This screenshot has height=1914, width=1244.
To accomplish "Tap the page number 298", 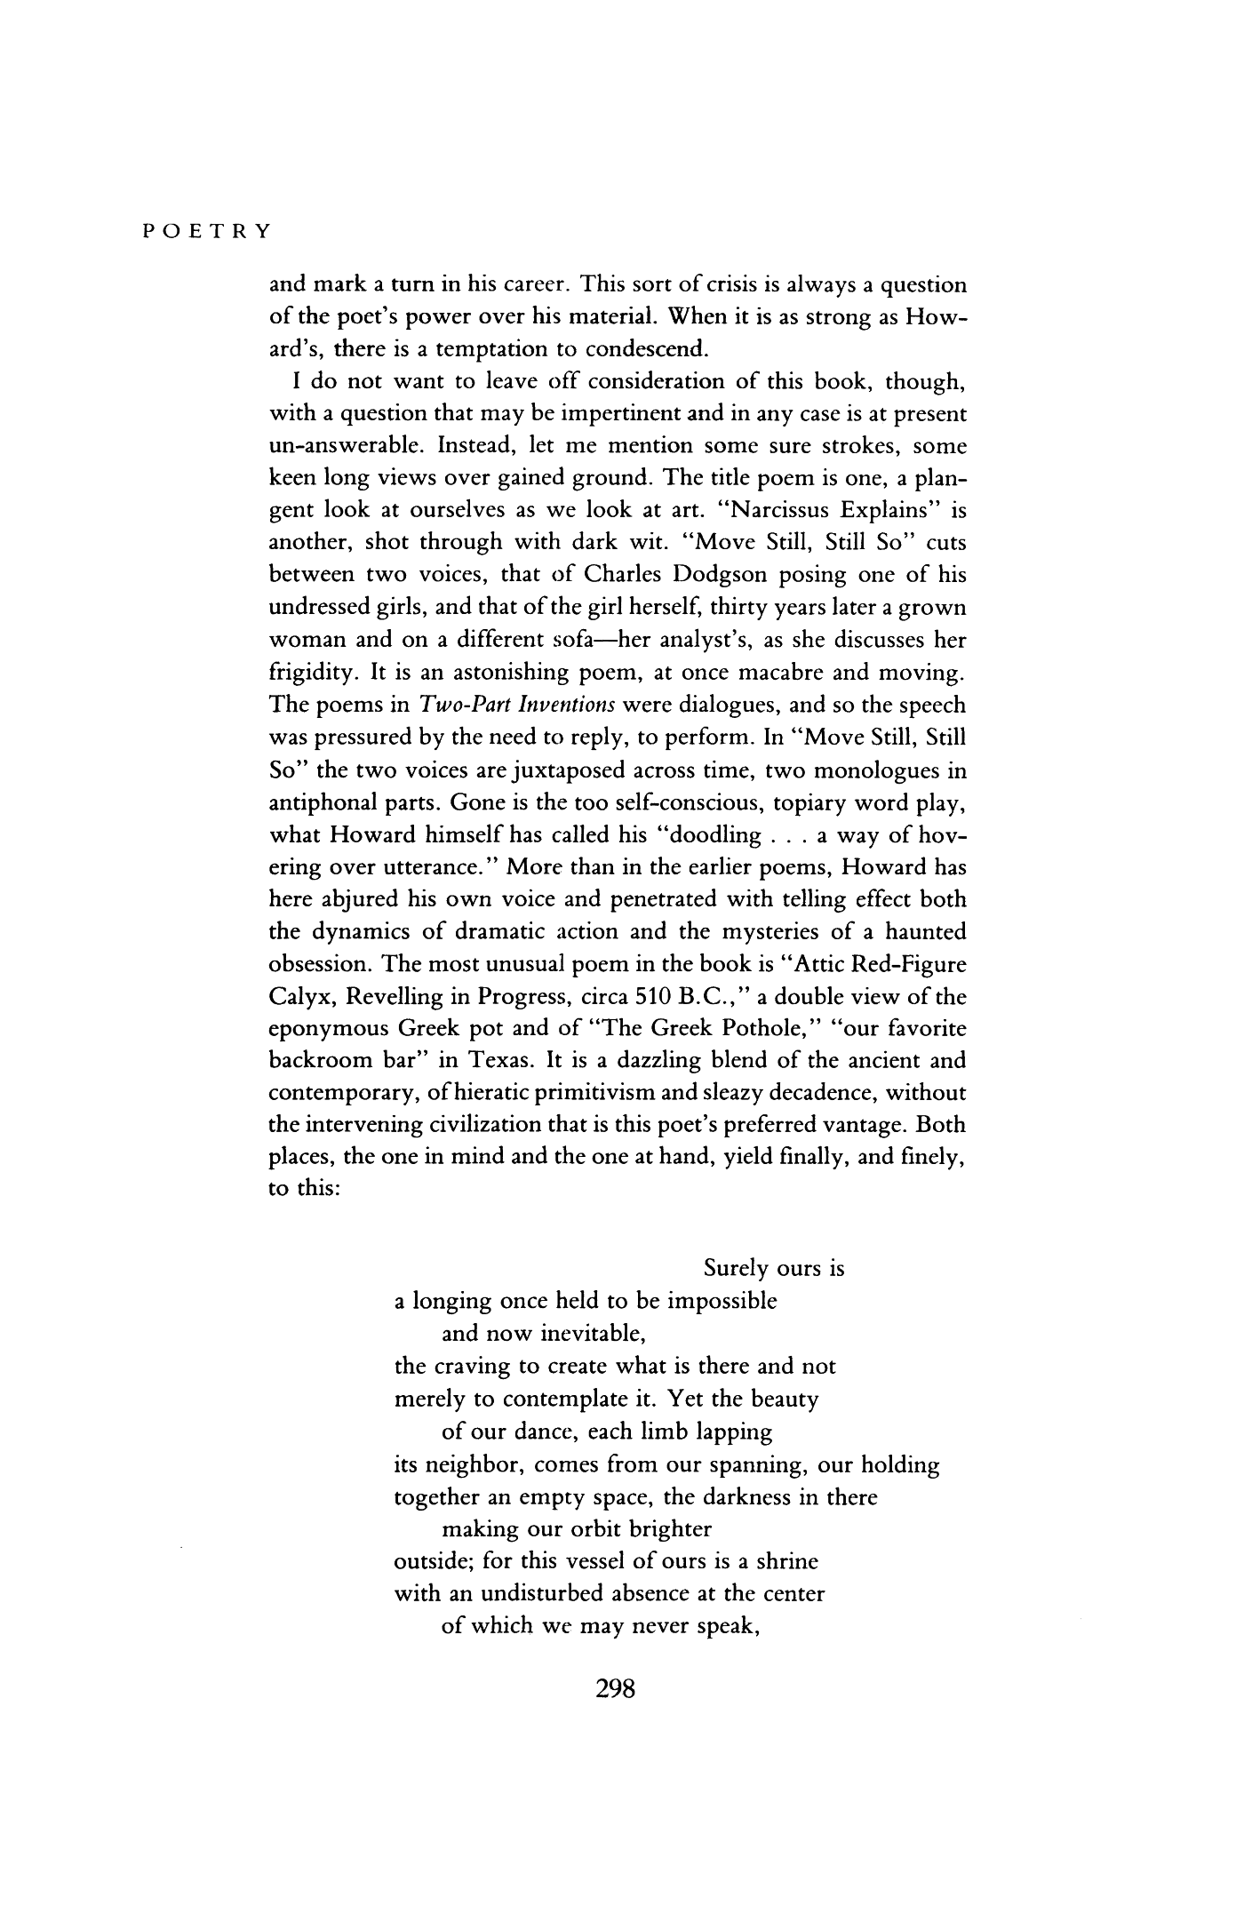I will pos(615,1690).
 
